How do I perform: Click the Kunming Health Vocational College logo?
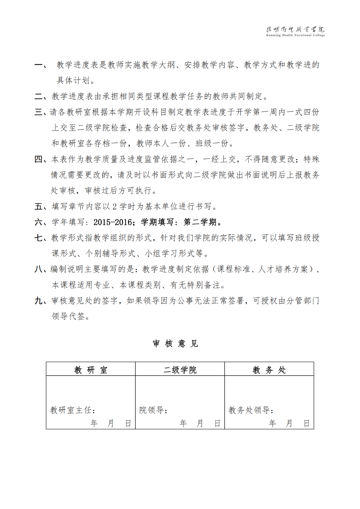tap(295, 31)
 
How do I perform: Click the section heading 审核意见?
tap(175, 343)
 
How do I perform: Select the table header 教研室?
tap(91, 370)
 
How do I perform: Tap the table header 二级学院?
tap(180, 370)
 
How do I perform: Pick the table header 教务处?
tap(269, 370)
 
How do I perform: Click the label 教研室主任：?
tap(73, 410)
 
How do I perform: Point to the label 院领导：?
tap(153, 410)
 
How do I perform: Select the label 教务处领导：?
tap(251, 410)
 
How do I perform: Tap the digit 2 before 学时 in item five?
tap(114, 207)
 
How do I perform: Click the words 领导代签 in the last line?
tap(68, 316)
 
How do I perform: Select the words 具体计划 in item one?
tap(73, 81)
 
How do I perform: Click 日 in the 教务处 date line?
tap(307, 423)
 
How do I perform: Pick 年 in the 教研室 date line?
tap(94, 423)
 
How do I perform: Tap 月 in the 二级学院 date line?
tap(200, 423)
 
